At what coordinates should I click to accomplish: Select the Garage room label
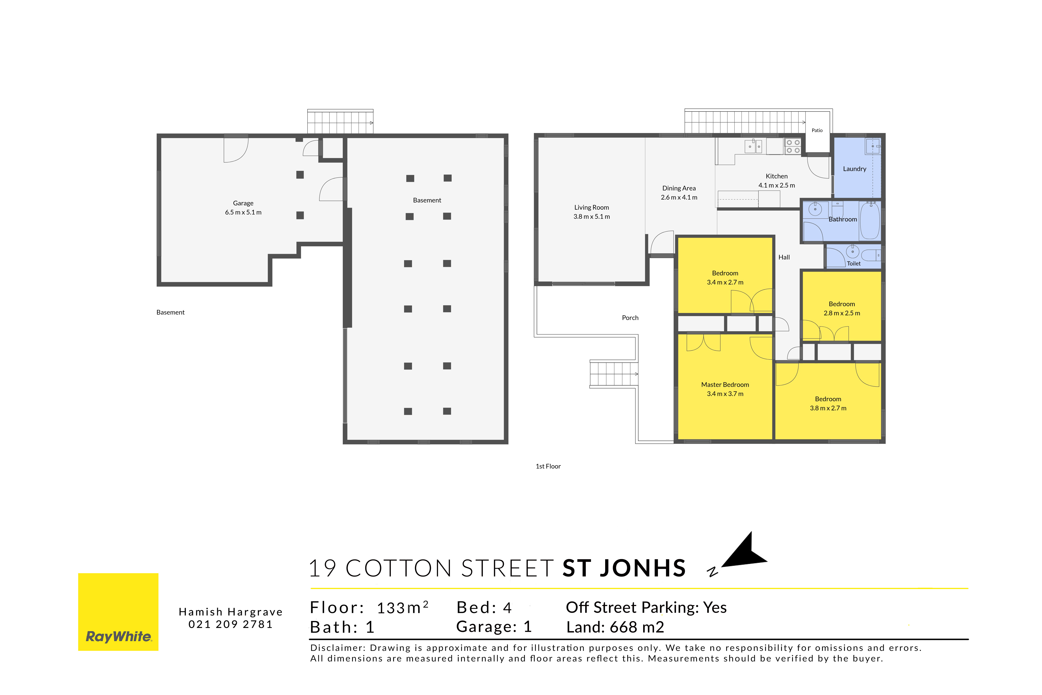[243, 203]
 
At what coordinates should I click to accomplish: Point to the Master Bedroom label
[725, 385]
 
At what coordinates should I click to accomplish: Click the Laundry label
[855, 169]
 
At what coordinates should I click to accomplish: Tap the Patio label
[817, 130]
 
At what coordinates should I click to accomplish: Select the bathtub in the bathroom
[870, 220]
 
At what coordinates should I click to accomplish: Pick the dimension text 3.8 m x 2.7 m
[828, 408]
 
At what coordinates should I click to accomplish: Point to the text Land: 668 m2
[615, 627]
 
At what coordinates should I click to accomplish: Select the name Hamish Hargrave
[231, 612]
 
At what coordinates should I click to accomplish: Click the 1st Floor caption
[548, 466]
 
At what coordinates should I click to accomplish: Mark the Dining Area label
[679, 188]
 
